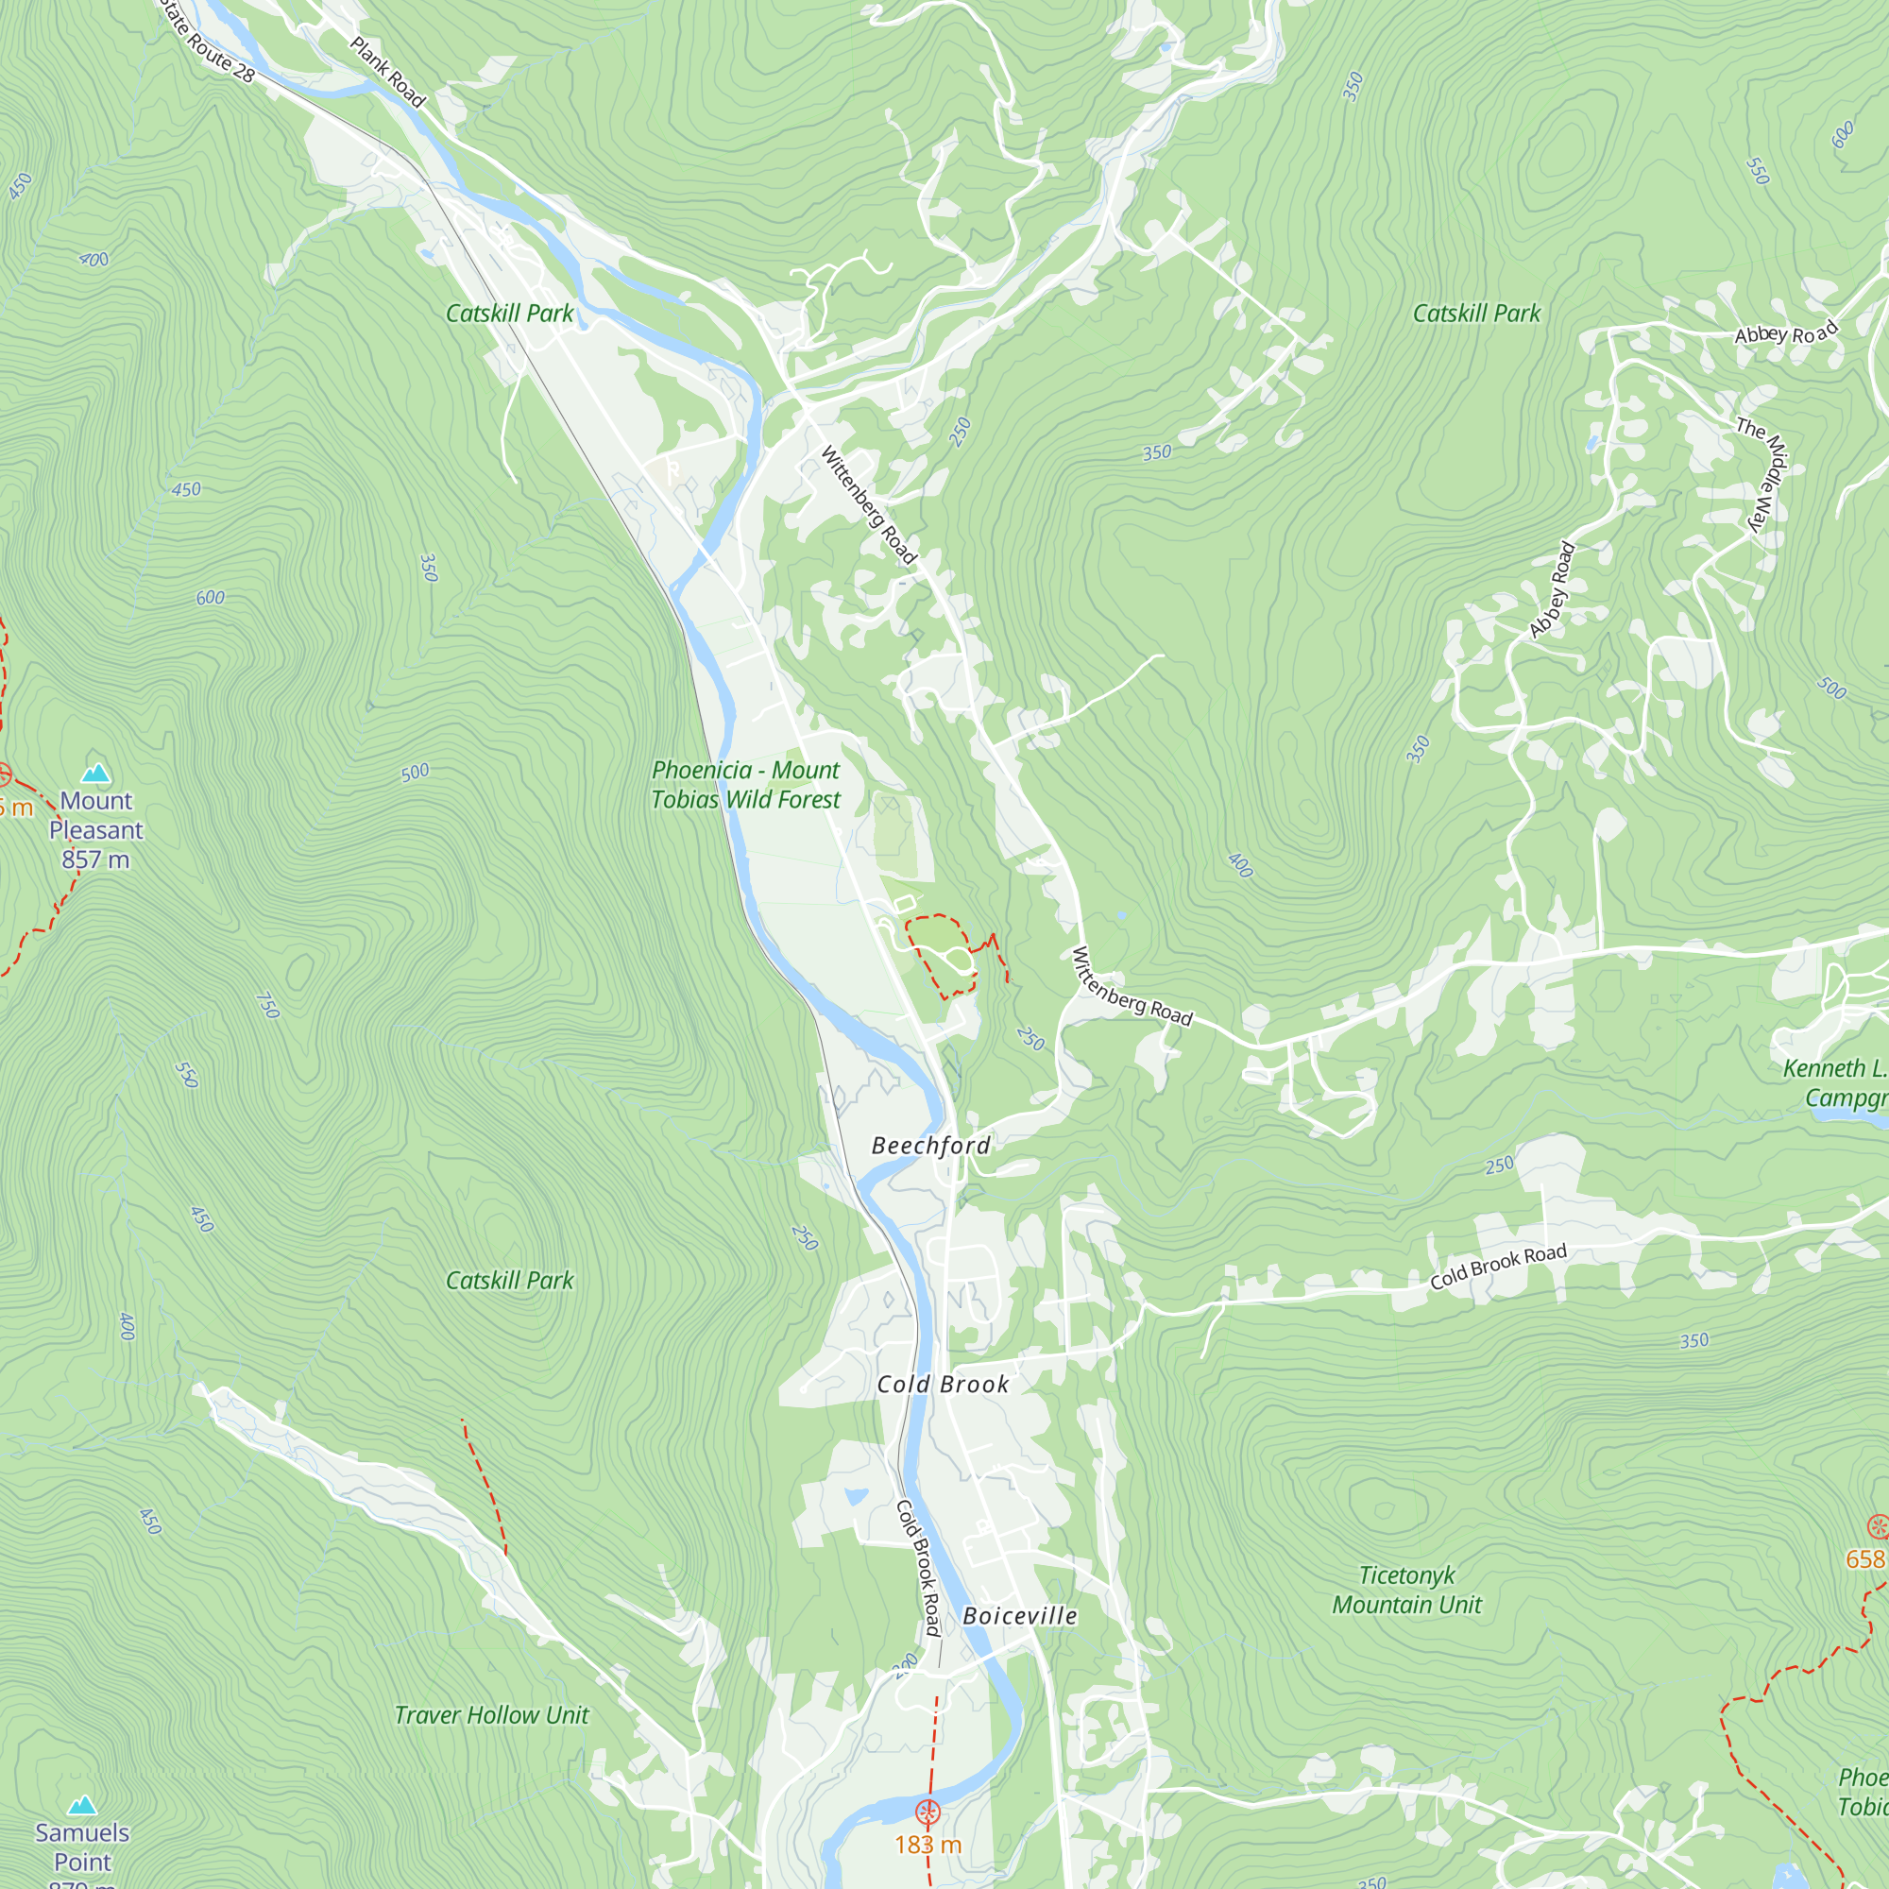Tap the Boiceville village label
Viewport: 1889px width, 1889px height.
pyautogui.click(x=1019, y=1615)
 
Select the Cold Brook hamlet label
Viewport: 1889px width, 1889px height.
pyautogui.click(x=942, y=1384)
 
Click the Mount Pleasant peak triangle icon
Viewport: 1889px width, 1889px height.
pyautogui.click(x=95, y=774)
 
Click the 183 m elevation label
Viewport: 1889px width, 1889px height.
pyautogui.click(x=927, y=1844)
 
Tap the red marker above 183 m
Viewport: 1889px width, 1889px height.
pyautogui.click(x=927, y=1812)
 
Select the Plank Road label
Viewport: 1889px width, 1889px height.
pyautogui.click(x=387, y=72)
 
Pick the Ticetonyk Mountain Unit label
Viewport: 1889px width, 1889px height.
pyautogui.click(x=1406, y=1590)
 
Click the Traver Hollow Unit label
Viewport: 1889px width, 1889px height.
pyautogui.click(x=491, y=1715)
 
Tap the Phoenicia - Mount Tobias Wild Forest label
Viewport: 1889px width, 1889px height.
pyautogui.click(x=745, y=784)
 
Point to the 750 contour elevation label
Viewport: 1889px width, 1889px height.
pyautogui.click(x=267, y=1005)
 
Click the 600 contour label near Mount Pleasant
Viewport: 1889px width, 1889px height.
pyautogui.click(x=211, y=598)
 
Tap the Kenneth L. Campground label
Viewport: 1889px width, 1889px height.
pyautogui.click(x=1834, y=1082)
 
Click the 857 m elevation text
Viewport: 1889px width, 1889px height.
pyautogui.click(x=94, y=859)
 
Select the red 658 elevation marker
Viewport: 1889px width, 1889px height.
pyautogui.click(x=1878, y=1526)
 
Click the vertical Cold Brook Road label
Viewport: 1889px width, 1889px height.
pyautogui.click(x=918, y=1567)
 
